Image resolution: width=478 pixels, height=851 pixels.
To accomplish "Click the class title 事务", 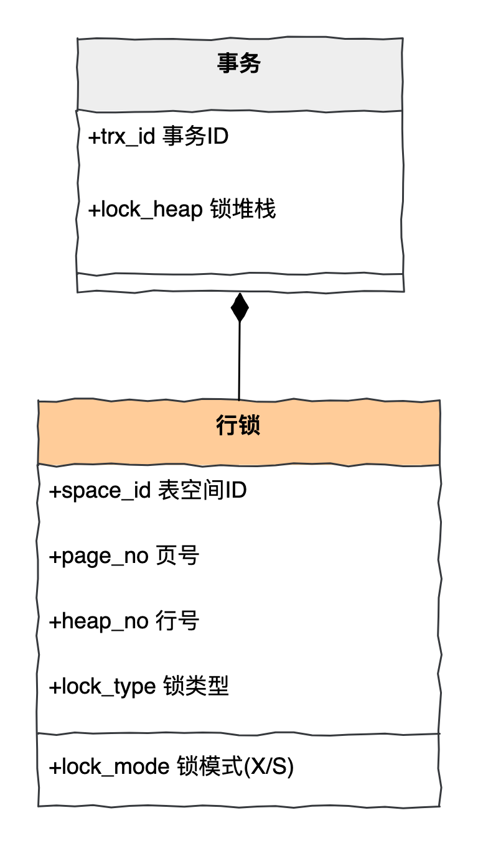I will pyautogui.click(x=239, y=63).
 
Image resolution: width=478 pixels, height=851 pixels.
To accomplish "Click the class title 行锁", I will pyautogui.click(x=239, y=426).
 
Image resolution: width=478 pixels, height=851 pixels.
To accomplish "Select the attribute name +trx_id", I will pyautogui.click(x=121, y=137).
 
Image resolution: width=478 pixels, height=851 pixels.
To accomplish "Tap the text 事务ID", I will pyautogui.click(x=195, y=136).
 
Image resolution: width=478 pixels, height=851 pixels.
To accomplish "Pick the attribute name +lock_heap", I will pyautogui.click(x=145, y=210).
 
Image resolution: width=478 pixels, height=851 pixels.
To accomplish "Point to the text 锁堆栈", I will pyautogui.click(x=240, y=210).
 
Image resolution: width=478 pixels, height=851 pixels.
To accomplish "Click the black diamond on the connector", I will pyautogui.click(x=240, y=307).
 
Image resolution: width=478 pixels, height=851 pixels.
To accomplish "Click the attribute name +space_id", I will pyautogui.click(x=100, y=491).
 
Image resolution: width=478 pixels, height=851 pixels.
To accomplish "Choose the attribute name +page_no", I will pyautogui.click(x=98, y=556).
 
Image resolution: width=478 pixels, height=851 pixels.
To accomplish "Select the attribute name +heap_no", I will pyautogui.click(x=98, y=621).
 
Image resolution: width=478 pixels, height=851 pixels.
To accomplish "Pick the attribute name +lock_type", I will pyautogui.click(x=102, y=687).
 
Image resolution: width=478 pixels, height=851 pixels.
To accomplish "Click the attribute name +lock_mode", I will pyautogui.click(x=109, y=767).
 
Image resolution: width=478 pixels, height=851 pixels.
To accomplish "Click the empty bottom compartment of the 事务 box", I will pyautogui.click(x=240, y=282).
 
